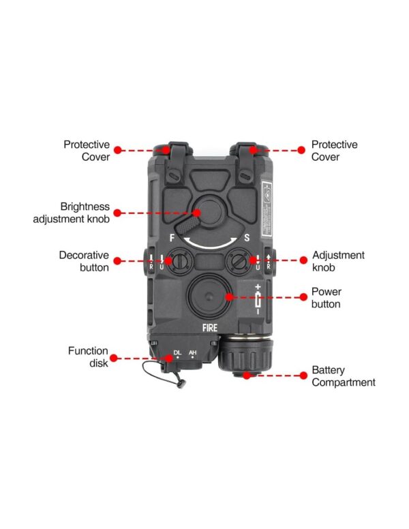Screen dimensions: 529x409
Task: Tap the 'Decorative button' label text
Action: click(84, 261)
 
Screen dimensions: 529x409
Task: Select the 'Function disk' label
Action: click(88, 357)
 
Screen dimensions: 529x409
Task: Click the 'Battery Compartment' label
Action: click(344, 376)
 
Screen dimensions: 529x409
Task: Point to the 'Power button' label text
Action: click(326, 297)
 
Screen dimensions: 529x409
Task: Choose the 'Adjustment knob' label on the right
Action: click(338, 261)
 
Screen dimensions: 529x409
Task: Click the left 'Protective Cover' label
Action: click(87, 150)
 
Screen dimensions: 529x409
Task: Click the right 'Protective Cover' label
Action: click(334, 150)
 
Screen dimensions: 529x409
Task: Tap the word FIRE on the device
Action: click(210, 327)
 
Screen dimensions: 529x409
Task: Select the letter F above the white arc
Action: click(174, 239)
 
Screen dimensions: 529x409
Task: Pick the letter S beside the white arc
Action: click(247, 239)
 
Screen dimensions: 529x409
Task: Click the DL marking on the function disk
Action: click(177, 352)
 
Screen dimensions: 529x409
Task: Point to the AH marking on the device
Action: click(194, 352)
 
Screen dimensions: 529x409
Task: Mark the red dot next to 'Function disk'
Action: click(113, 357)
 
